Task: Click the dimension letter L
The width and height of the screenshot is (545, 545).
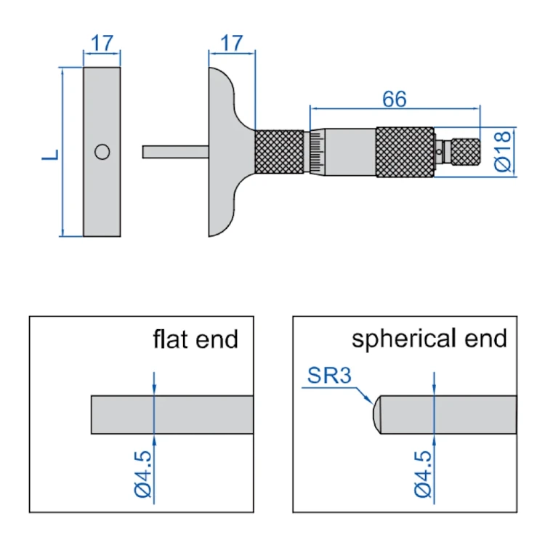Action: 50,155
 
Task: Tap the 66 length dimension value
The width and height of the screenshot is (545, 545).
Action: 395,99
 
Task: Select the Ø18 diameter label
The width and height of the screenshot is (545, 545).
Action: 503,152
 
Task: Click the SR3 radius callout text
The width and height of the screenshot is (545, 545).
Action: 329,376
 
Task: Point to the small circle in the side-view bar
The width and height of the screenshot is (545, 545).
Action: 102,152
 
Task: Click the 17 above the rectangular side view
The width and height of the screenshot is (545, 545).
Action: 102,43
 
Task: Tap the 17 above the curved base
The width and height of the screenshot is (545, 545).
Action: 232,43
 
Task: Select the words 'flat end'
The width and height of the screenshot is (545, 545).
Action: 195,339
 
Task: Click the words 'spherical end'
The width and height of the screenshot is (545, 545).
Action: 429,339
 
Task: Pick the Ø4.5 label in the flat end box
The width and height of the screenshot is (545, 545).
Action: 143,474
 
